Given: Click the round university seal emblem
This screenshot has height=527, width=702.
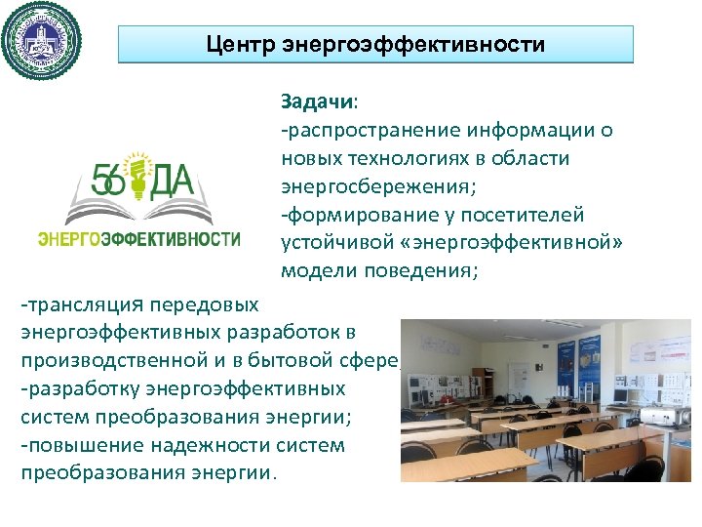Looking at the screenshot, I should [41, 41].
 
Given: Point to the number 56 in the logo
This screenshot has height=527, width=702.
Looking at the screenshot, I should [108, 181].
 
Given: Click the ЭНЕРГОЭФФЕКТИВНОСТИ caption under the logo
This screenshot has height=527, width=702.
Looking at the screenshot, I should [139, 238].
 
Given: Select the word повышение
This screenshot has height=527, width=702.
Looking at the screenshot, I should [79, 445].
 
